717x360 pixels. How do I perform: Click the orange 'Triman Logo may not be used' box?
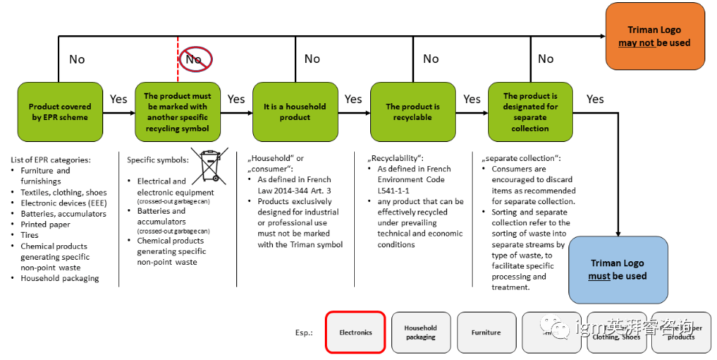pos(654,37)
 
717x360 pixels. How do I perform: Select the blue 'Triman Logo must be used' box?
pos(618,269)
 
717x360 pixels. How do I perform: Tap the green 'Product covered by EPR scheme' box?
pos(59,111)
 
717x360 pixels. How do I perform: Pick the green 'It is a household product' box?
pos(295,111)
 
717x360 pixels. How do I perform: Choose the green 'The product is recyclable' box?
pos(413,111)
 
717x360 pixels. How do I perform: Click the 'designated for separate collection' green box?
pos(530,111)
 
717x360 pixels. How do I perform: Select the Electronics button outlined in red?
pos(356,332)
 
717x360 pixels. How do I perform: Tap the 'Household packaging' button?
pos(421,332)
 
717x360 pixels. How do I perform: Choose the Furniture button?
pos(486,332)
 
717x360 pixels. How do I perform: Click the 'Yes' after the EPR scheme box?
pos(119,99)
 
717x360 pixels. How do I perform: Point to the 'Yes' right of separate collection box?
pos(596,99)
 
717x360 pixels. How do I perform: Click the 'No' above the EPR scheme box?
pos(77,59)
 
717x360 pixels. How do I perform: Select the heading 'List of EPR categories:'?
pos(51,160)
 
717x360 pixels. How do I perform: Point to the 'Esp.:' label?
pos(300,332)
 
